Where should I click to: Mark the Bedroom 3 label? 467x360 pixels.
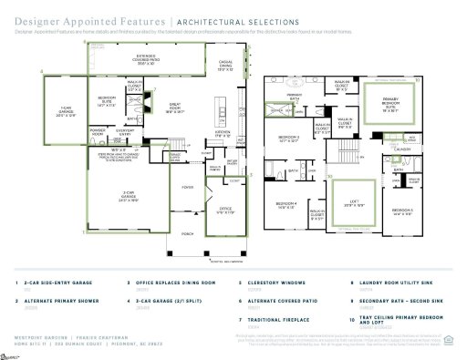coord(288,139)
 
